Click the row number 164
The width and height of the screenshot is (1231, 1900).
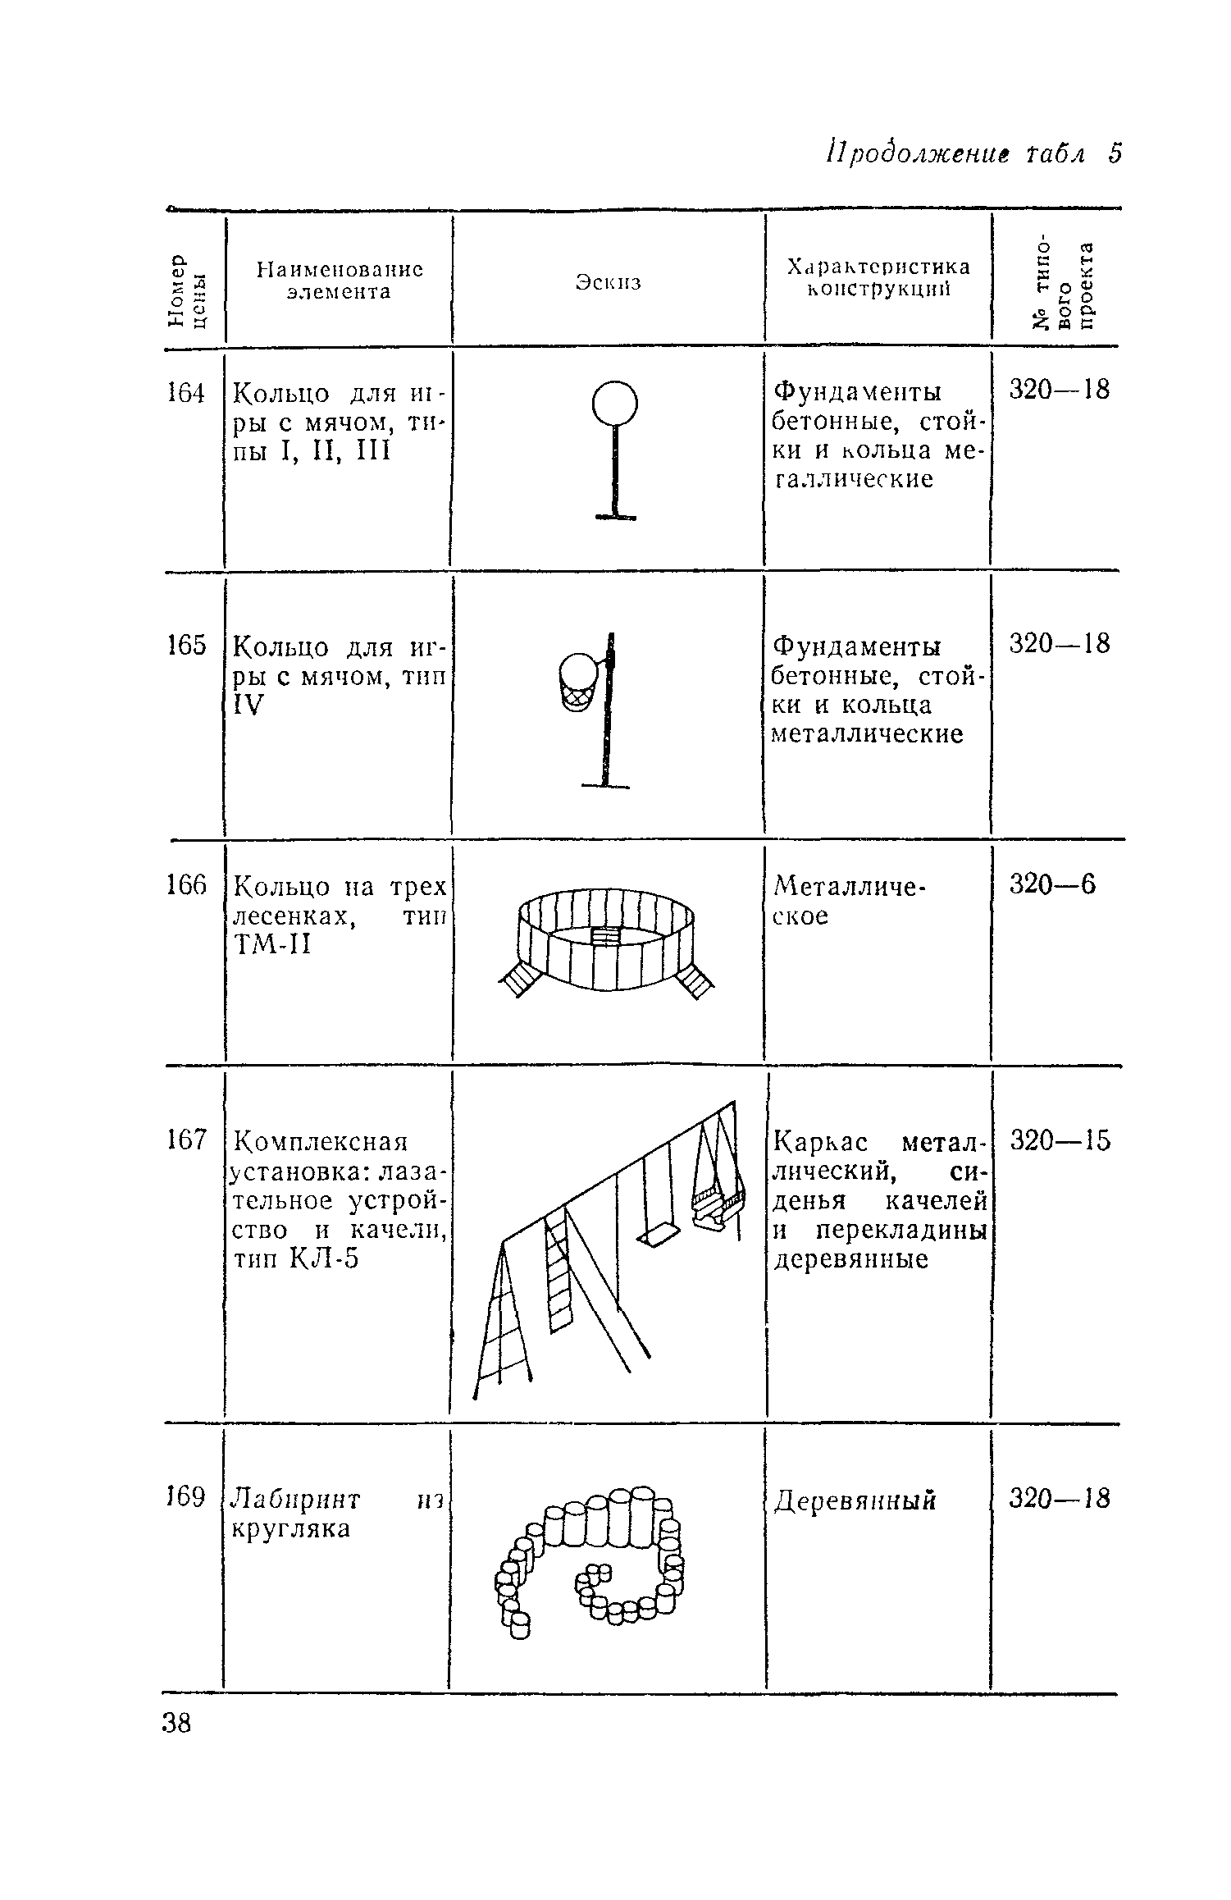tap(185, 394)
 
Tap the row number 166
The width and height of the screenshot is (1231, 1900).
tap(185, 885)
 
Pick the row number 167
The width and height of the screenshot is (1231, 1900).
tap(185, 1141)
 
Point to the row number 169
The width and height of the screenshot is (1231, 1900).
tap(185, 1497)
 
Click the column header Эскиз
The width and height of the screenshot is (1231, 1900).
tap(608, 282)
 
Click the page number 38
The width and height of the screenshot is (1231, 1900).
tap(177, 1722)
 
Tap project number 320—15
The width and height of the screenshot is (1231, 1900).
tap(1060, 1140)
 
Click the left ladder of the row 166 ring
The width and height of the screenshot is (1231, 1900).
tap(520, 978)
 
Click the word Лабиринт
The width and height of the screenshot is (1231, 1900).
tap(297, 1499)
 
